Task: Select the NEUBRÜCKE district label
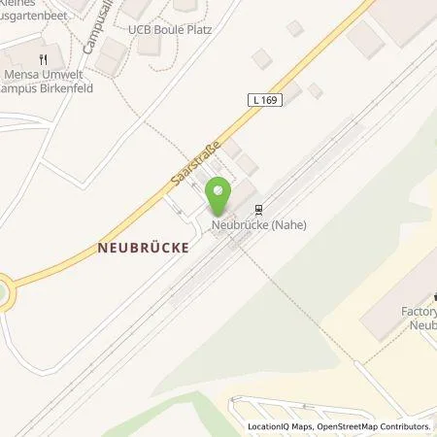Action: pyautogui.click(x=142, y=247)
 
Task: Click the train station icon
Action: pyautogui.click(x=258, y=208)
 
